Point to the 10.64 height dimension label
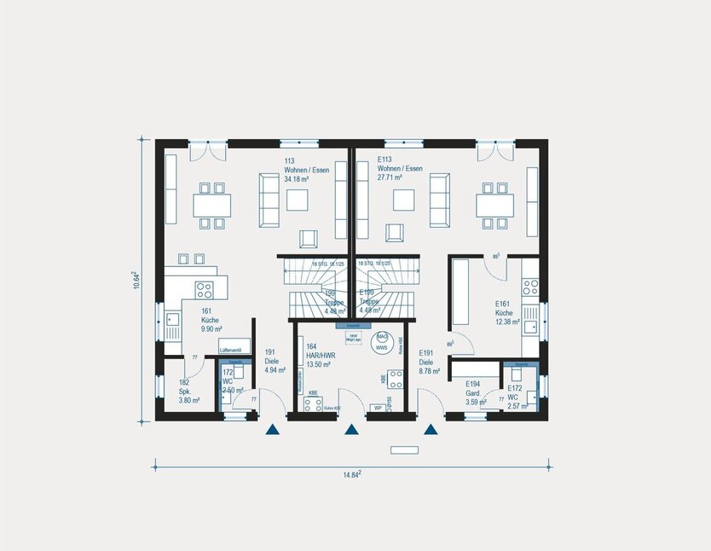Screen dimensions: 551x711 pyautogui.click(x=136, y=280)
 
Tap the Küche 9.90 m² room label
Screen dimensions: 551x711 pyautogui.click(x=211, y=320)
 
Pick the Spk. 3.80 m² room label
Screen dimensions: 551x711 pyautogui.click(x=188, y=391)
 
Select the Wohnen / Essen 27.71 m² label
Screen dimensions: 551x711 pyautogui.click(x=400, y=169)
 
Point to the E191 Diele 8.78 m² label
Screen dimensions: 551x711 pyautogui.click(x=429, y=362)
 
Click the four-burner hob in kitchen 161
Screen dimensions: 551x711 pyautogui.click(x=205, y=287)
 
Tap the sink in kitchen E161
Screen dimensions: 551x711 pyautogui.click(x=530, y=322)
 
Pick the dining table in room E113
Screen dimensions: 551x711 pyautogui.click(x=494, y=206)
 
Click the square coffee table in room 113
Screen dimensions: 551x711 pyautogui.click(x=298, y=200)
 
